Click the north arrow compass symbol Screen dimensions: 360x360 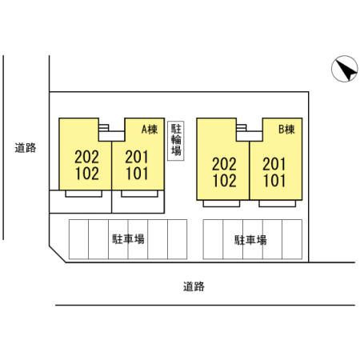click(345, 69)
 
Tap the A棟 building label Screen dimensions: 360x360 click(150, 130)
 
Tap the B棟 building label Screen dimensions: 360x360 click(286, 130)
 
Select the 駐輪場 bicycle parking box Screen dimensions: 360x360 click(176, 141)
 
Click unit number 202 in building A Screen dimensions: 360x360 click(87, 157)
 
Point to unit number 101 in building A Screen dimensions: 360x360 click(137, 174)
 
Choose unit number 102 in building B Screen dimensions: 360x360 click(225, 181)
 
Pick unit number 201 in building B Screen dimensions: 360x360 click(274, 164)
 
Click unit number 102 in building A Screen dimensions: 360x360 click(87, 174)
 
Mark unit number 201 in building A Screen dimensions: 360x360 click(137, 157)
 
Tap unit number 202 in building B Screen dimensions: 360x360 click(225, 164)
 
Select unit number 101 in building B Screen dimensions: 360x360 click(274, 181)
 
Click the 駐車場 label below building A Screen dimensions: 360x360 click(128, 239)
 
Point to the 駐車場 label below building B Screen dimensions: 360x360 click(250, 240)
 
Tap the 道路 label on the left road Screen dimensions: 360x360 click(26, 148)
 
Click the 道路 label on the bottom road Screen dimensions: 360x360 click(194, 286)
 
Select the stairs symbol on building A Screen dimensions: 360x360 click(104, 127)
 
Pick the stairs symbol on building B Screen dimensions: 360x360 click(242, 127)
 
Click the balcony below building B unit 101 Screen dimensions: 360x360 click(278, 203)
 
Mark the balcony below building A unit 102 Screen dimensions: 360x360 click(84, 194)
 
